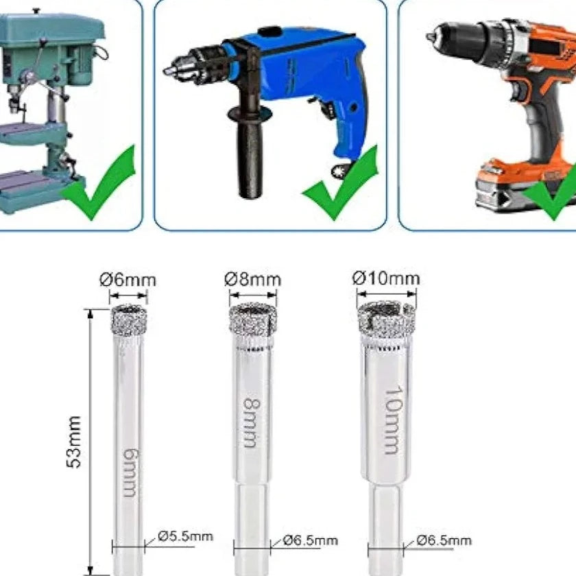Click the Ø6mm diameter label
click(128, 280)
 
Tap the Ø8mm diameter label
click(253, 280)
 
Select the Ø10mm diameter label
click(386, 278)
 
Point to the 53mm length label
click(74, 442)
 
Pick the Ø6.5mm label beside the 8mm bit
click(311, 540)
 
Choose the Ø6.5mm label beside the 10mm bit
click(444, 540)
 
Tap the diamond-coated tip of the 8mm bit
click(253, 319)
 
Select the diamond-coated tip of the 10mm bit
click(387, 320)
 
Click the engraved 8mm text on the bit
click(252, 422)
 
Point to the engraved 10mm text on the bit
click(393, 420)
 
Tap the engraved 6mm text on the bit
click(130, 472)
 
